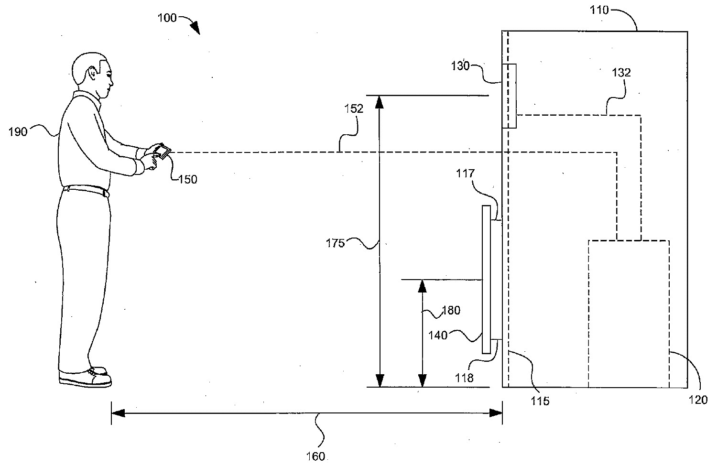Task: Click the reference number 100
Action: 167,18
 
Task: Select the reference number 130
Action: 461,66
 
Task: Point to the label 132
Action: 621,73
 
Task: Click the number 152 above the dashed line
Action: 354,108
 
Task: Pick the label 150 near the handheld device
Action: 187,180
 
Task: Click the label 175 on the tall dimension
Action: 336,243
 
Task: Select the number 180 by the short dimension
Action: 450,311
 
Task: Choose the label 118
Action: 464,378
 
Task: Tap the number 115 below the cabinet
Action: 540,401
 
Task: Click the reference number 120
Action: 698,400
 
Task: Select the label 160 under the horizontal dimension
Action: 315,456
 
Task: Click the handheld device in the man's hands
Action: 162,151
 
